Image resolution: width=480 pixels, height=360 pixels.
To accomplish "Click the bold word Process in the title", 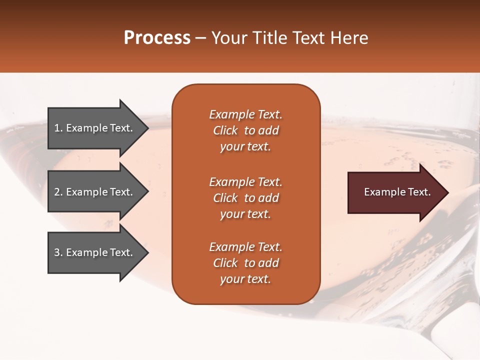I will [157, 38].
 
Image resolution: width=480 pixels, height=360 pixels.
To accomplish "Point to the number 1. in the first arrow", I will [58, 128].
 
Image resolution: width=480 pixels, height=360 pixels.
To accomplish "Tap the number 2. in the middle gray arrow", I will [58, 192].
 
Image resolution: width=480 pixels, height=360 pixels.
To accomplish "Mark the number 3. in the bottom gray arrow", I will [58, 252].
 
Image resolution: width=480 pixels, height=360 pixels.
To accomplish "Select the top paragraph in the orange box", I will [245, 130].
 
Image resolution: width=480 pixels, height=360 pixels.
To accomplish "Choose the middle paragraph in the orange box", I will [245, 198].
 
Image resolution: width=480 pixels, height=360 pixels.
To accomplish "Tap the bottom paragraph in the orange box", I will [245, 263].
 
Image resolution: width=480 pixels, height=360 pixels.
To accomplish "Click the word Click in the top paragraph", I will [225, 130].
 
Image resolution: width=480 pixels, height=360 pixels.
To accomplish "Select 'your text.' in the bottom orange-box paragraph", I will [245, 279].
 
